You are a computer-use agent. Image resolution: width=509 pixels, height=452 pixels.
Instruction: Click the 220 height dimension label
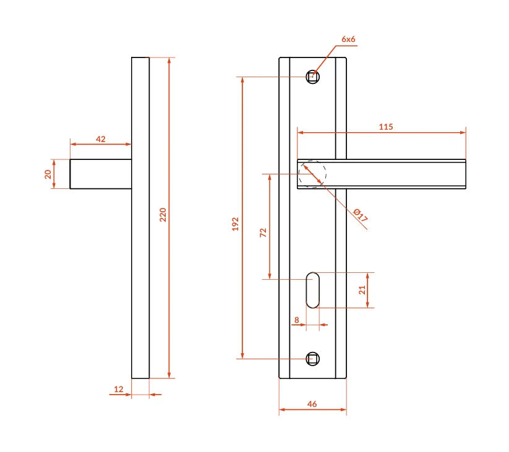pos(163,214)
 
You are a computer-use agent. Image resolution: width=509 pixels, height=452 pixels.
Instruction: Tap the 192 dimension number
pos(236,224)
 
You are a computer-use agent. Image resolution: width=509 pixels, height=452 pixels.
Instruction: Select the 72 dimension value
pos(263,233)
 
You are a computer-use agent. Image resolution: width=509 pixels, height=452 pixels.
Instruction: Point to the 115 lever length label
pos(386,127)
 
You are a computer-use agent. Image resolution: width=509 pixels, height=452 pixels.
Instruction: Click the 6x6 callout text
pos(348,39)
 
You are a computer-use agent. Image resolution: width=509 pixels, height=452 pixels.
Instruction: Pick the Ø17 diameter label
pos(361,215)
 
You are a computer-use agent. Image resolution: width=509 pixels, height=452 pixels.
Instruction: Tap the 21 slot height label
pos(362,290)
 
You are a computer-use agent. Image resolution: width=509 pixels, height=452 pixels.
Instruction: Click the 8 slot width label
pos(297,320)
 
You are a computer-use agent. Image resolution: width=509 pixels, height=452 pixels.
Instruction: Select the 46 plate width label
pos(312,404)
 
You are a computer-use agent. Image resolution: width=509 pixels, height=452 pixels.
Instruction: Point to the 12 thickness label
pos(119,389)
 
